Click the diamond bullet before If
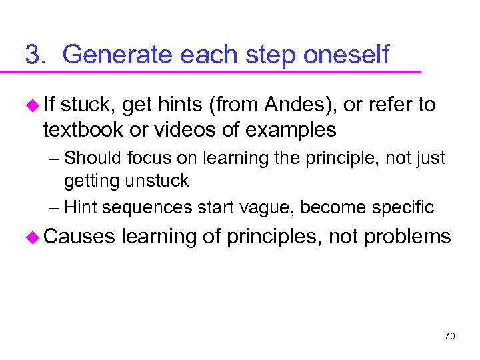point(31,105)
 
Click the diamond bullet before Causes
point(31,236)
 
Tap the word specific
point(405,207)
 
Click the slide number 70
point(449,336)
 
